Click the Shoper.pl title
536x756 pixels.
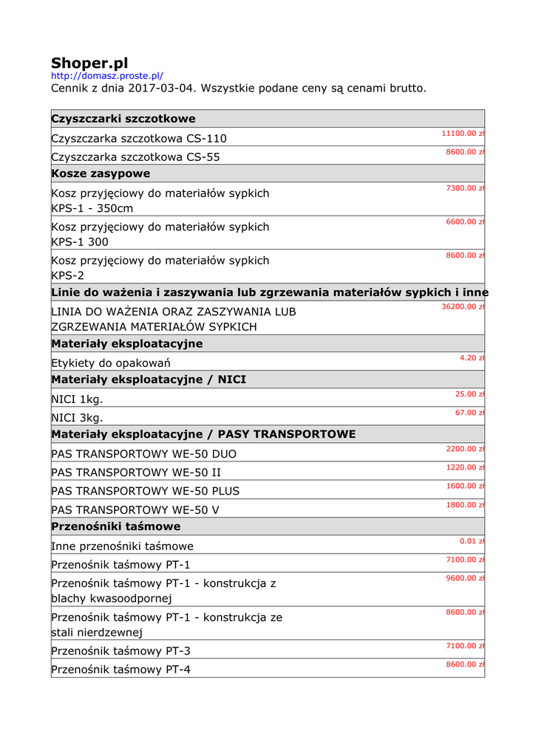(89, 63)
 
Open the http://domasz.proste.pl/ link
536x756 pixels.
(106, 76)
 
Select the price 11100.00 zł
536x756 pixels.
(463, 134)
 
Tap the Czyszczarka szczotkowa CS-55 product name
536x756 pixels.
(135, 157)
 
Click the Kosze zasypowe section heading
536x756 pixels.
(101, 173)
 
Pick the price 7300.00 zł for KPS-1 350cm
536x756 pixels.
(465, 188)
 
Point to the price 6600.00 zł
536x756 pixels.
(465, 221)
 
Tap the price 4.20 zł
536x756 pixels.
(472, 358)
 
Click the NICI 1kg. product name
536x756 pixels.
(77, 399)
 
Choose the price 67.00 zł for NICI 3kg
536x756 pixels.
(469, 413)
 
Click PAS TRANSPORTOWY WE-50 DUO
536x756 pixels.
(144, 454)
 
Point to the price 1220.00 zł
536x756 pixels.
(465, 467)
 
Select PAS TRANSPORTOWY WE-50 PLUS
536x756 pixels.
(146, 491)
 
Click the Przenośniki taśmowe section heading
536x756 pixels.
(116, 526)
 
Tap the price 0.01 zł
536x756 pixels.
(472, 541)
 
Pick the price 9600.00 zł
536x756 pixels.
(465, 578)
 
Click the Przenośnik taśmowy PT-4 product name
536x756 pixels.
(121, 670)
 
